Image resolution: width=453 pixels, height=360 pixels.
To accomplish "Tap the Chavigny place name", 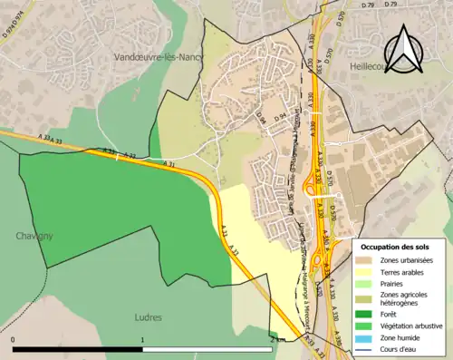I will pyautogui.click(x=34, y=236).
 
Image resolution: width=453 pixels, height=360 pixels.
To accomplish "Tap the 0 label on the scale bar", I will pyautogui.click(x=14, y=339).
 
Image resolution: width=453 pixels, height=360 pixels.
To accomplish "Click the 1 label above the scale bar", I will pyautogui.click(x=142, y=339).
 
